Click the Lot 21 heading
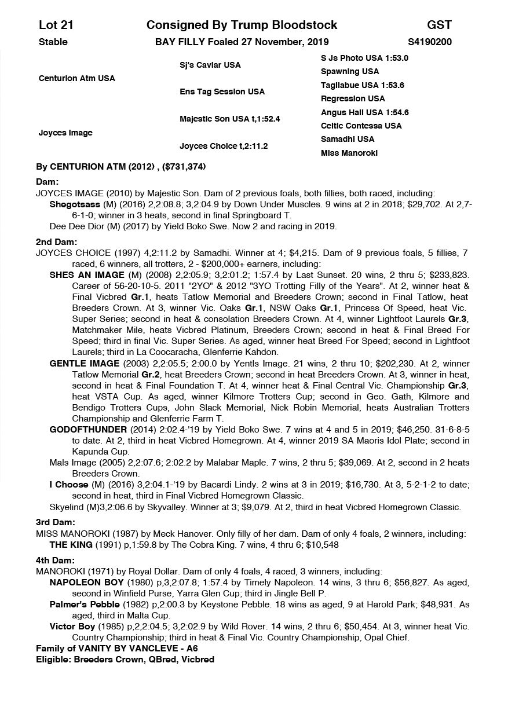(x=56, y=25)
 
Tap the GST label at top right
(x=439, y=25)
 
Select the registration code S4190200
(x=430, y=42)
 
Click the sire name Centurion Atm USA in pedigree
(x=77, y=78)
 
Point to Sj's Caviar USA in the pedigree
(x=210, y=65)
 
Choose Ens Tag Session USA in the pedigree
(x=222, y=91)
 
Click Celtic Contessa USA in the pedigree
(x=361, y=126)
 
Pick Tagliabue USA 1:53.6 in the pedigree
(x=362, y=85)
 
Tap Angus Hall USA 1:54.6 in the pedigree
(x=364, y=112)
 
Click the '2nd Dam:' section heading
(x=56, y=242)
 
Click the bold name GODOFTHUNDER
(x=88, y=430)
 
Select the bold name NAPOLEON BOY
(x=86, y=582)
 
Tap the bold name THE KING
(x=71, y=545)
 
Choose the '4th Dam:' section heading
(x=56, y=561)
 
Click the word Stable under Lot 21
(x=53, y=42)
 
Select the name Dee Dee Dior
(x=75, y=226)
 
